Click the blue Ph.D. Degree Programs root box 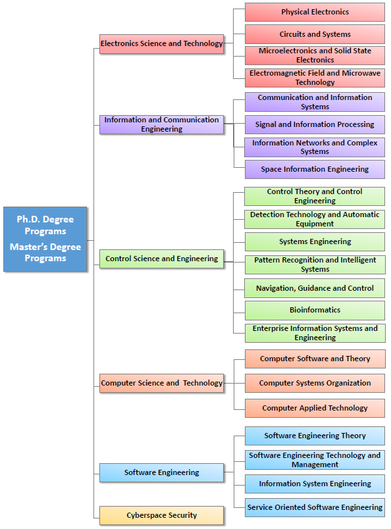pos(45,239)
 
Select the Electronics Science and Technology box pos(161,44)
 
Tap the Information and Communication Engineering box pos(161,124)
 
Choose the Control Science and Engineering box pos(161,259)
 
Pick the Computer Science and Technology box pos(161,383)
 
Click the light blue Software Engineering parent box pos(161,472)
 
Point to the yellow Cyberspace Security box pos(161,515)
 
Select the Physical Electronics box pos(315,12)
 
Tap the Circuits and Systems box pos(315,34)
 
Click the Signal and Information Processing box pos(315,124)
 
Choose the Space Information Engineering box pos(315,169)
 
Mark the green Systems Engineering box pos(315,241)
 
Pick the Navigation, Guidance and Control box pos(315,288)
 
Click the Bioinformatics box pos(315,311)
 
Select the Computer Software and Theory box pos(315,359)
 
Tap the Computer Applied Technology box pos(315,408)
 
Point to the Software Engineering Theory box pos(315,436)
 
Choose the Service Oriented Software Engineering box pos(315,508)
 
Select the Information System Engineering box pos(315,484)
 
